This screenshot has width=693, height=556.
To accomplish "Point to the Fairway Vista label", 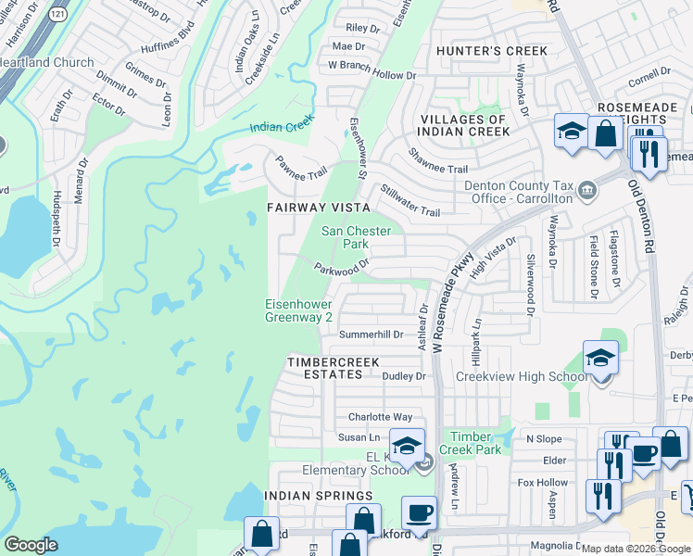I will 319,208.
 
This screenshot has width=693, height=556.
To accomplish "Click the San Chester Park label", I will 356,237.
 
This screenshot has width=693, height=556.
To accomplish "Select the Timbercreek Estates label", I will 324,368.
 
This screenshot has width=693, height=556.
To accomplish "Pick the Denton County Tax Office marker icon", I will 586,191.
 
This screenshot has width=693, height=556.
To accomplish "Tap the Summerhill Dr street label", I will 372,334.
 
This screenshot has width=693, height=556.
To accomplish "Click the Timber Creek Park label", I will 475,443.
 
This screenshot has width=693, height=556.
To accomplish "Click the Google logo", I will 31,545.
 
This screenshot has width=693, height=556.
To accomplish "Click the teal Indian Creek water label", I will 282,125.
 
